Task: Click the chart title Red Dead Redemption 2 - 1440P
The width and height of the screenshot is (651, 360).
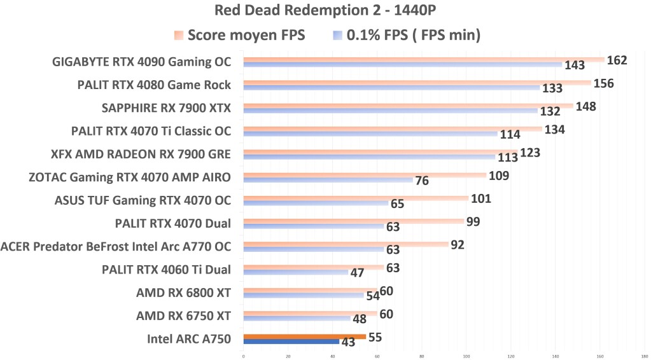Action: [x=325, y=11]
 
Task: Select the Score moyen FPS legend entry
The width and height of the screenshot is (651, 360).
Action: [x=239, y=36]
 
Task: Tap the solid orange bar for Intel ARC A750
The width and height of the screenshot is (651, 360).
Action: [x=304, y=336]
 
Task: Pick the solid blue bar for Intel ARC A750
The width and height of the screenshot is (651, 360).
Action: [x=291, y=342]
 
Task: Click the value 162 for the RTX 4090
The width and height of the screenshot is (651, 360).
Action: [x=617, y=60]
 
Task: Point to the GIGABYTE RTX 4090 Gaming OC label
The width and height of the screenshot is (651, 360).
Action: [x=141, y=62]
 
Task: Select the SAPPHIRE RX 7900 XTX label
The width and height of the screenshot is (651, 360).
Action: [x=166, y=108]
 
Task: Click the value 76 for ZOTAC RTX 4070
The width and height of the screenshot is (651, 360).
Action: [x=421, y=181]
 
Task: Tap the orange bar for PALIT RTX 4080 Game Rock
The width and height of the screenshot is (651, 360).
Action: [x=417, y=83]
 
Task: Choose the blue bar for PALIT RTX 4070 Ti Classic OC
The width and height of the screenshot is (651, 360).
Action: [x=370, y=134]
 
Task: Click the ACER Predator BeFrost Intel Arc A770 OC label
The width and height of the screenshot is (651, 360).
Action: [x=116, y=246]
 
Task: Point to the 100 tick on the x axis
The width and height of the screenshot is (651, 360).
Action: [x=466, y=356]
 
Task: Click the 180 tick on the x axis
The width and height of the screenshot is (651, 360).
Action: [x=645, y=356]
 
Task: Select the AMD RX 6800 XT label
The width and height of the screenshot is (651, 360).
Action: [x=183, y=293]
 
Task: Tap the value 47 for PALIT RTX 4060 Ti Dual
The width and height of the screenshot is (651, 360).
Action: [x=357, y=273]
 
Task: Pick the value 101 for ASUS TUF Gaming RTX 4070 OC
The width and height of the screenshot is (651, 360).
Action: [x=481, y=198]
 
